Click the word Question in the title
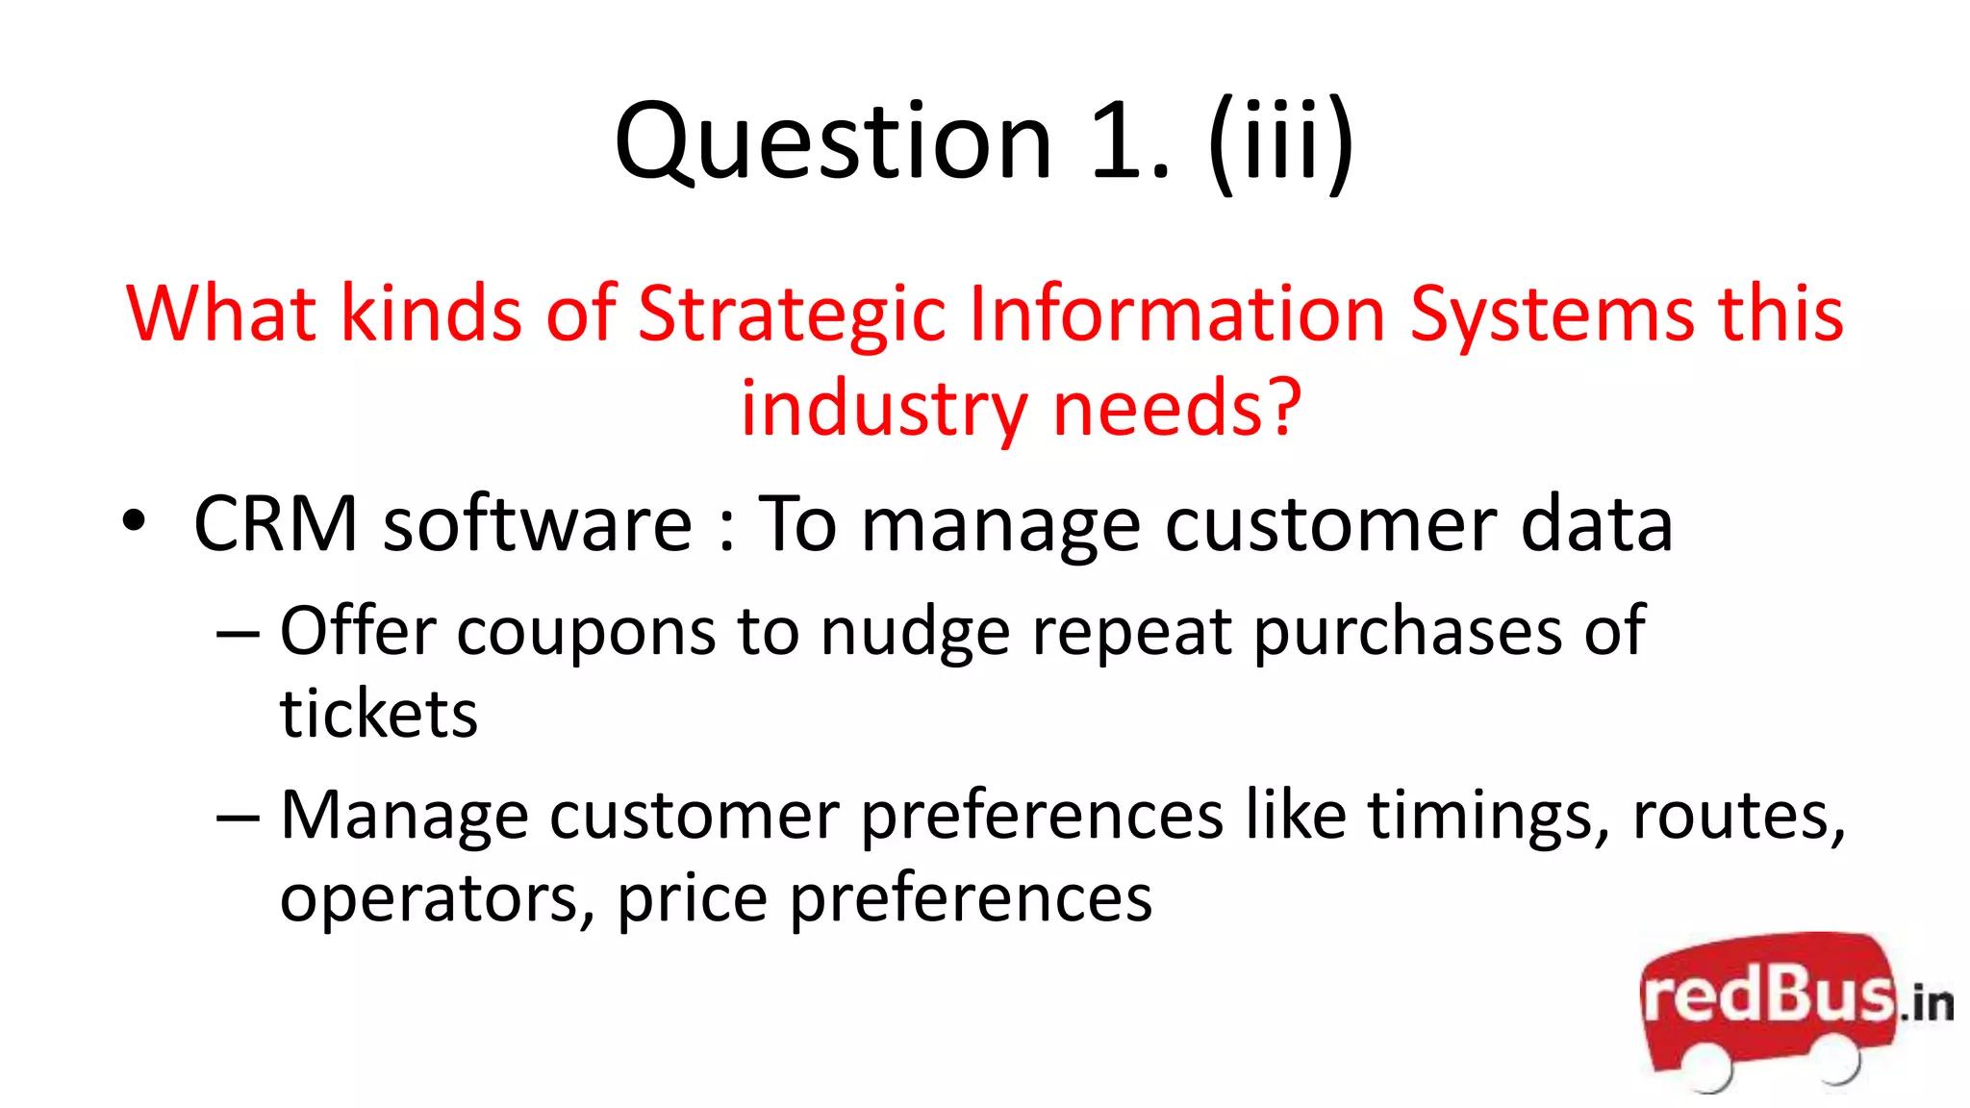coord(833,142)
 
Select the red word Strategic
coord(792,315)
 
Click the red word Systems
coord(1552,315)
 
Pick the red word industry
coord(884,409)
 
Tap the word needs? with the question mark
coord(1177,409)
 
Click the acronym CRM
coord(276,524)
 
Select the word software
coord(538,524)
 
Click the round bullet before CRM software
coord(134,522)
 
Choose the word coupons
coord(586,632)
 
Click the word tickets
coord(379,715)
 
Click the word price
coord(692,899)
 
